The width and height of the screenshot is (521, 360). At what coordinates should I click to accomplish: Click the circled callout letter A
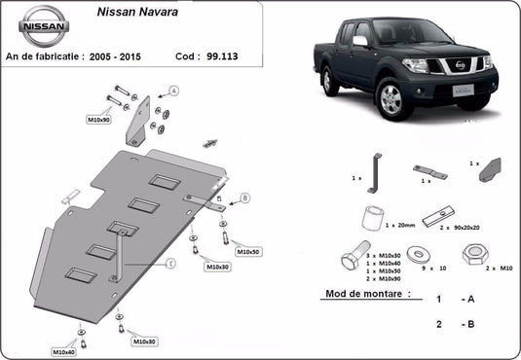[x=174, y=90]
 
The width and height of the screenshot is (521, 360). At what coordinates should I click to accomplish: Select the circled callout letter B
[x=244, y=198]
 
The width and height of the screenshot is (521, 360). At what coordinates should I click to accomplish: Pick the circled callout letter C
[x=169, y=264]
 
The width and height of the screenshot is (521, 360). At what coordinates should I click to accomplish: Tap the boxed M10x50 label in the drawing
[x=248, y=251]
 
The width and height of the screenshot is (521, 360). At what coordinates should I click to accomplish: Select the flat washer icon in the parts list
[x=420, y=255]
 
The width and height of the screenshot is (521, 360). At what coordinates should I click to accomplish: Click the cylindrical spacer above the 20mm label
[x=372, y=214]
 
